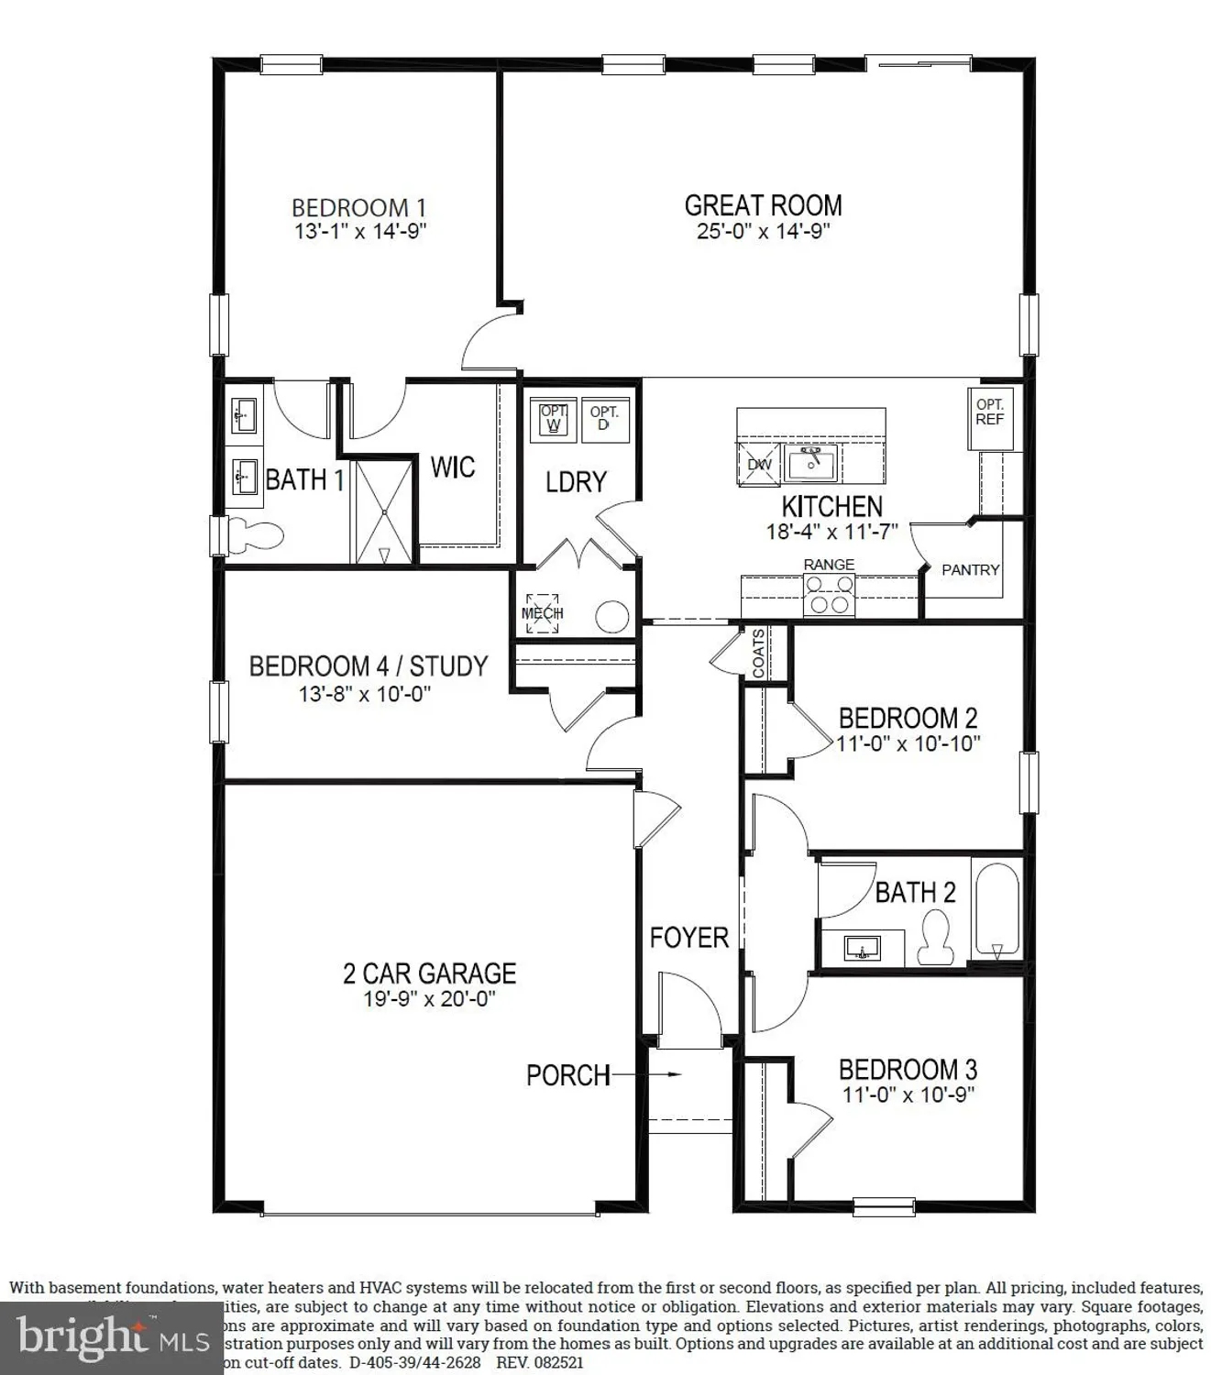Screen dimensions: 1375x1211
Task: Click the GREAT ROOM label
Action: point(763,205)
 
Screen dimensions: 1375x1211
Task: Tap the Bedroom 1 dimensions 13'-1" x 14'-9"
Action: point(360,231)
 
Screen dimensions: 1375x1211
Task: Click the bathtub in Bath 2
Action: point(996,911)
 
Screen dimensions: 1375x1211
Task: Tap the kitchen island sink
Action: point(811,463)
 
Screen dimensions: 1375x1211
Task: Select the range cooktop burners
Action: point(829,594)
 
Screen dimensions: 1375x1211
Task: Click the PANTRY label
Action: point(971,570)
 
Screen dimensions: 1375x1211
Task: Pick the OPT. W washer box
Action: point(553,419)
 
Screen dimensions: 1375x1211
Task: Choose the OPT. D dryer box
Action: point(603,419)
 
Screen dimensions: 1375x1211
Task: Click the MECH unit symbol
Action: point(542,612)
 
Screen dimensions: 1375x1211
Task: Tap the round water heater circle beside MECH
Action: point(611,616)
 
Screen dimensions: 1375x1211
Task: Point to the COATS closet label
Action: point(759,654)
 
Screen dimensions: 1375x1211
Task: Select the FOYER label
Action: point(688,938)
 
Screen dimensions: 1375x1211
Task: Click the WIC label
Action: point(453,467)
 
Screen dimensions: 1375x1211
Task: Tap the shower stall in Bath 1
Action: point(385,511)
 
